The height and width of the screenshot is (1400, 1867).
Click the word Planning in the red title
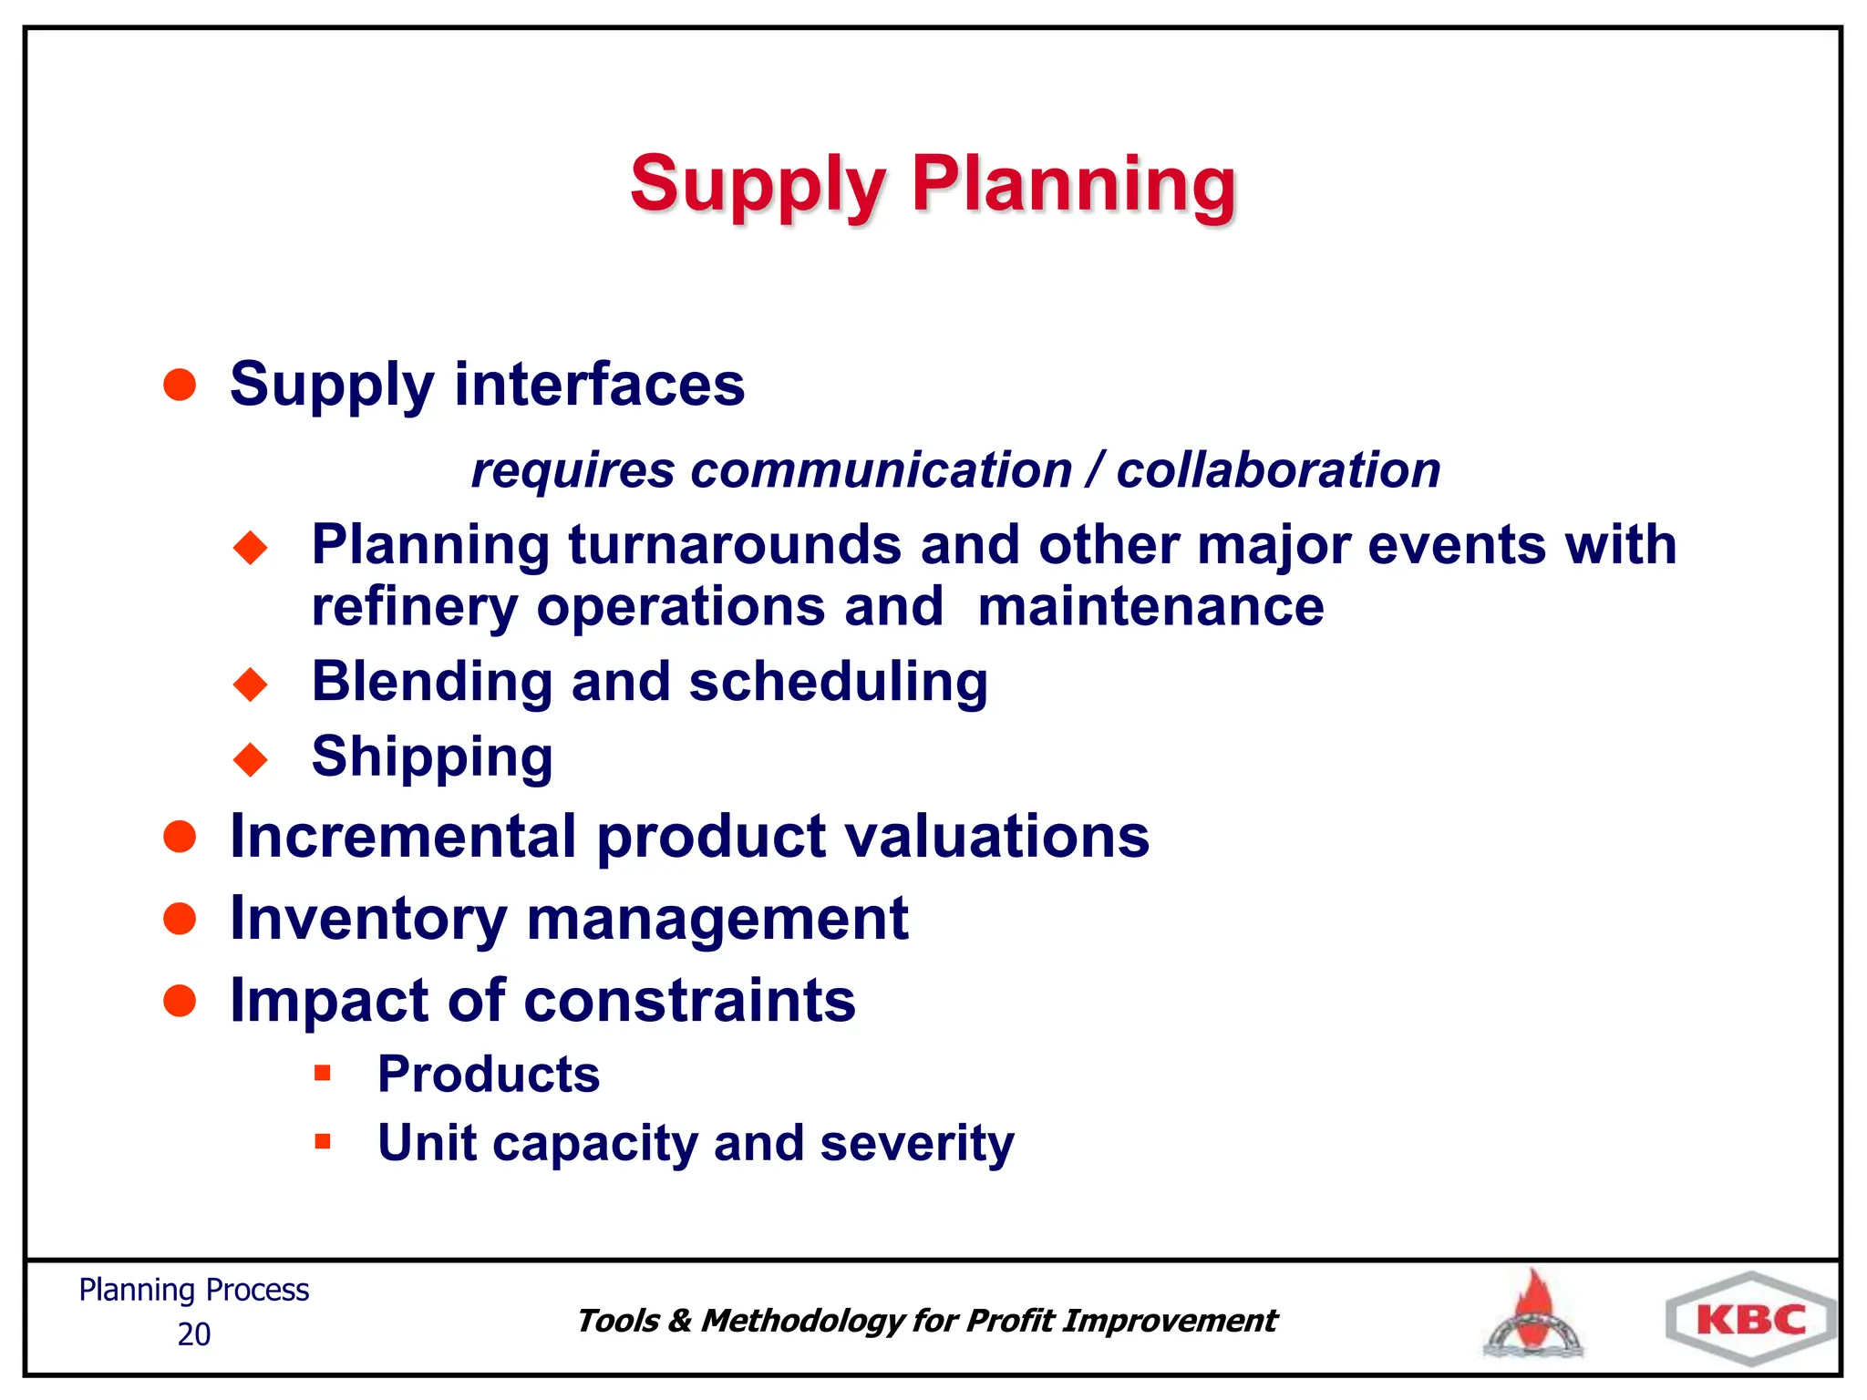pyautogui.click(x=1073, y=185)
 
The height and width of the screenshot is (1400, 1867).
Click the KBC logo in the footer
pyautogui.click(x=1750, y=1319)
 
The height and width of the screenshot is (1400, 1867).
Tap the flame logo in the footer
pyautogui.click(x=1534, y=1314)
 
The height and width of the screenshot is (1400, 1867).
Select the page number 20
pyautogui.click(x=193, y=1334)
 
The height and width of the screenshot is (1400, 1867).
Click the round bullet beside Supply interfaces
pyautogui.click(x=180, y=385)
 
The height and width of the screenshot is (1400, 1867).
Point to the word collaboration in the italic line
pyautogui.click(x=1278, y=471)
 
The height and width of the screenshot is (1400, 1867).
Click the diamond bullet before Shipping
pyautogui.click(x=251, y=758)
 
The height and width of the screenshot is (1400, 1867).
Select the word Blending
pyautogui.click(x=431, y=682)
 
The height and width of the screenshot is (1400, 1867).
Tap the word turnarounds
pyautogui.click(x=735, y=545)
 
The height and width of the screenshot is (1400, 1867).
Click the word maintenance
pyautogui.click(x=1150, y=607)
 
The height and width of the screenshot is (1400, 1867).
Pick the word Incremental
pyautogui.click(x=403, y=837)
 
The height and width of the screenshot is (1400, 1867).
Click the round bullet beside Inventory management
pyautogui.click(x=180, y=919)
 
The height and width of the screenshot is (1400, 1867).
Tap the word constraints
pyautogui.click(x=690, y=1001)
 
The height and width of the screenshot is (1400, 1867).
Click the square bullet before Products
pyautogui.click(x=322, y=1073)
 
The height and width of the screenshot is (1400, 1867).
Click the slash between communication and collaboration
pyautogui.click(x=1094, y=471)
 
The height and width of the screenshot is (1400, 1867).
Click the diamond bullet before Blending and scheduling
pyautogui.click(x=251, y=684)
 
